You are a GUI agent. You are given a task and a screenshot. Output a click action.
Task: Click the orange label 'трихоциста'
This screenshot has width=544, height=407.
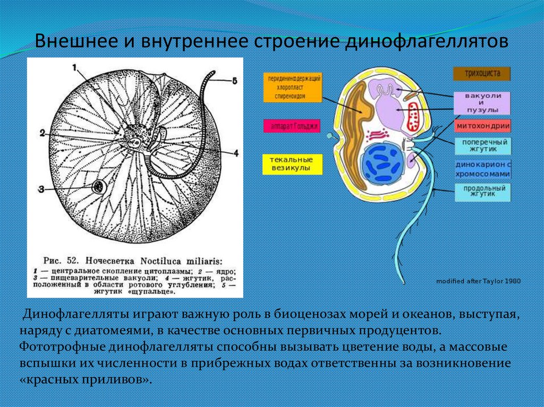tap(482, 74)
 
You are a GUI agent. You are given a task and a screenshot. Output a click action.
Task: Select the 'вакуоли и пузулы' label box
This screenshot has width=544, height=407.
tap(482, 102)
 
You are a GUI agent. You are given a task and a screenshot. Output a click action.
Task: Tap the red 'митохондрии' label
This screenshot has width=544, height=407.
tap(482, 126)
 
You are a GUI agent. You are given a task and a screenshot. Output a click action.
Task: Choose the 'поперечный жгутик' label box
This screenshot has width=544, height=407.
tap(482, 146)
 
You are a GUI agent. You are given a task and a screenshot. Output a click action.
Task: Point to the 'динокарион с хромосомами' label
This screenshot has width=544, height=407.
tap(482, 169)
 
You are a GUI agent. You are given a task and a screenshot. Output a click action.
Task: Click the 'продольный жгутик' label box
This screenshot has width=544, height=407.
tap(482, 192)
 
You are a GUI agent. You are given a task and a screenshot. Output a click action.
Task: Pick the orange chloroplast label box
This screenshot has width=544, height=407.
tap(292, 88)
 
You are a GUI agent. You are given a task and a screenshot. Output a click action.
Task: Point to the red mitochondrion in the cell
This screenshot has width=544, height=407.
tap(414, 117)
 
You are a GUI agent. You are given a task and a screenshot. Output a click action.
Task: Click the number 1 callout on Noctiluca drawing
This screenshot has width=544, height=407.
tap(75, 67)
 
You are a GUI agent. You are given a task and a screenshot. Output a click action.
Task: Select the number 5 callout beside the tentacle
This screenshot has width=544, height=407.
tap(234, 81)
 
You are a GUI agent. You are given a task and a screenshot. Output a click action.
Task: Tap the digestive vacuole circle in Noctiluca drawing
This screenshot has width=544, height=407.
tap(98, 187)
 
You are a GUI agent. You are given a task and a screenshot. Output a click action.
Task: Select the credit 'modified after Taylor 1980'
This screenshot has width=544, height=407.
tap(478, 281)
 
